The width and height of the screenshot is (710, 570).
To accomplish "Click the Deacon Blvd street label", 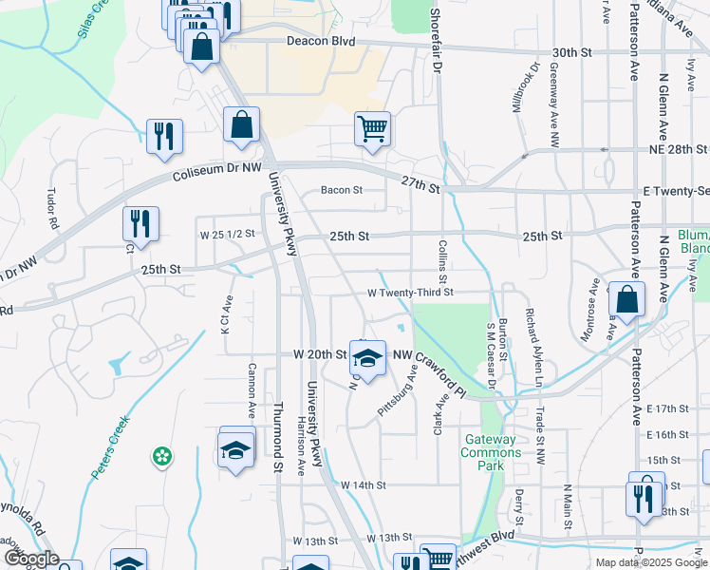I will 320,42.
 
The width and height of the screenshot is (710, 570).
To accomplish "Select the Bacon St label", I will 342,190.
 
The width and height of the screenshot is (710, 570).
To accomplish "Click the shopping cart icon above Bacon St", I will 372,129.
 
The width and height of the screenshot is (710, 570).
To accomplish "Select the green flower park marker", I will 162,457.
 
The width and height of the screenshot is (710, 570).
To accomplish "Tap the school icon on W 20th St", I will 367,357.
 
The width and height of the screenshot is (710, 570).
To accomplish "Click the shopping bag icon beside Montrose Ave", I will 626,299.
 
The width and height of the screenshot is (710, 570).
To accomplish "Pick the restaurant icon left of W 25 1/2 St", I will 140,224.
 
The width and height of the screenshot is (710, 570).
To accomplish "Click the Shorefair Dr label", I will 436,42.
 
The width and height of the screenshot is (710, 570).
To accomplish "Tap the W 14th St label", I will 364,484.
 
